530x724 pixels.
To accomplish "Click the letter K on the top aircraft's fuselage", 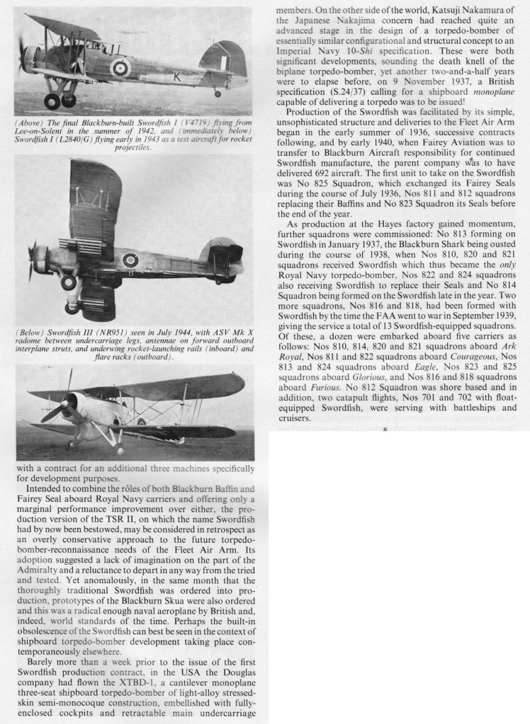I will (176, 77).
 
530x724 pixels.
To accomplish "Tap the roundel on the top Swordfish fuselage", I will (120, 67).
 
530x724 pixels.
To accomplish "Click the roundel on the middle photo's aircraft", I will (130, 260).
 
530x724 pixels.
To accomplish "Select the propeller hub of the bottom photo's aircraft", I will (72, 404).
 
